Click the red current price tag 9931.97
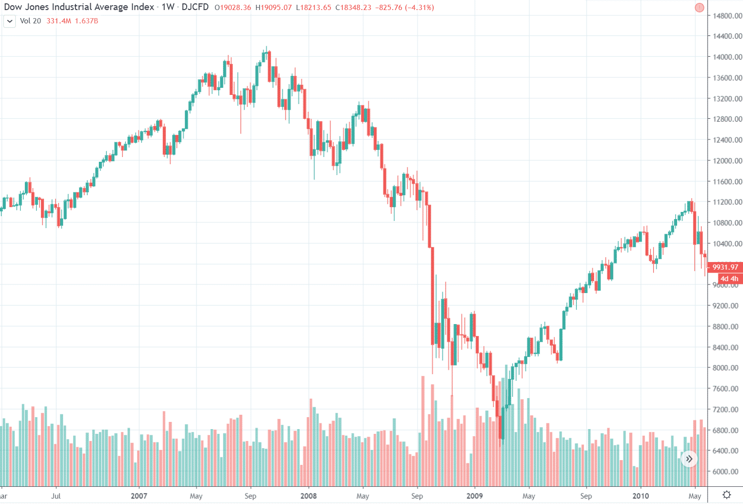point(725,267)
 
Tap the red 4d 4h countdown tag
point(729,279)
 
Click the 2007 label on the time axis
point(139,496)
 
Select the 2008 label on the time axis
point(308,496)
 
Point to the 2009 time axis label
point(474,496)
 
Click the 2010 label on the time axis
point(640,496)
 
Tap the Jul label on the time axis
point(56,496)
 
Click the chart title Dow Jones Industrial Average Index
point(79,7)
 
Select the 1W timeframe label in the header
point(168,7)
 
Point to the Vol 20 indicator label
point(31,21)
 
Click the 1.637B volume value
point(86,21)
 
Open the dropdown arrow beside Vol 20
point(10,21)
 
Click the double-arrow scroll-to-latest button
point(689,459)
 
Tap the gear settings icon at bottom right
point(726,494)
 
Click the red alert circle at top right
point(700,8)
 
